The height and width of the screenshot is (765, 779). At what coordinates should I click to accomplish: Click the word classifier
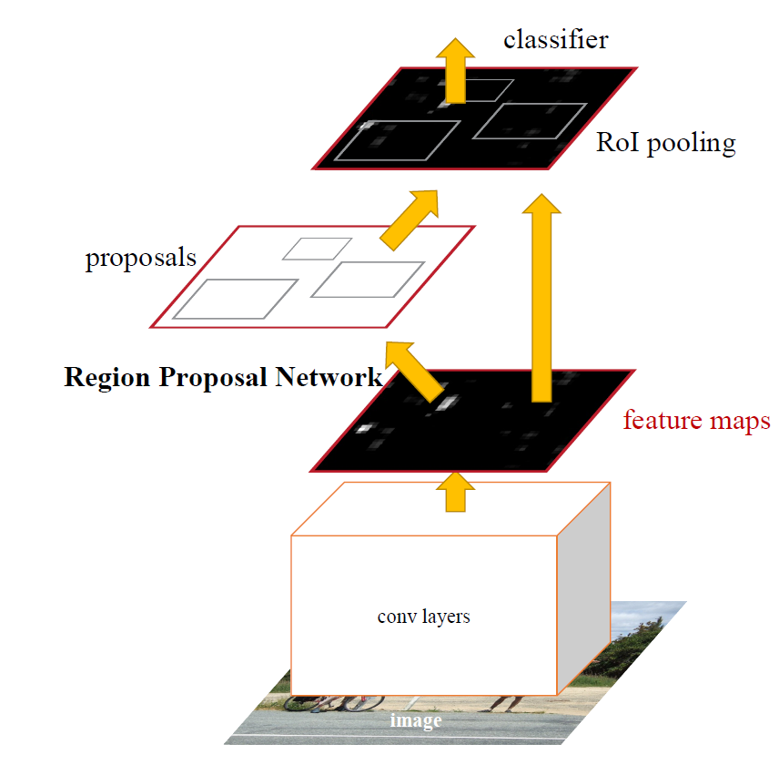556,40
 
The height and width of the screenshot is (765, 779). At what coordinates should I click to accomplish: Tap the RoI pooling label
666,143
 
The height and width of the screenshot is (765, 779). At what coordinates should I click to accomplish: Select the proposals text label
141,258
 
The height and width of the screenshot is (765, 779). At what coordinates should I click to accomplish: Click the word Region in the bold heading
106,377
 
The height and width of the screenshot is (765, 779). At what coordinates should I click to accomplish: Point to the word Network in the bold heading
329,377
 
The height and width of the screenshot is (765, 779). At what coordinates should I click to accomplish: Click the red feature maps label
696,421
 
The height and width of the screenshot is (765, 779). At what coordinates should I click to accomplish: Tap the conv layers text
424,617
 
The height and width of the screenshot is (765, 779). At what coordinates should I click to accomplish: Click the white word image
416,720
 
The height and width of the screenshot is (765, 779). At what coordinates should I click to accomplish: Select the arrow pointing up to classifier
456,71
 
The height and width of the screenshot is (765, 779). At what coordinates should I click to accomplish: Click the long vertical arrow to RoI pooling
541,298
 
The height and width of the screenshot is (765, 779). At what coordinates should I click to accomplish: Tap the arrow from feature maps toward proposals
413,371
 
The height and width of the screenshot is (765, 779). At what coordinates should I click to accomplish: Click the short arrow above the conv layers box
456,492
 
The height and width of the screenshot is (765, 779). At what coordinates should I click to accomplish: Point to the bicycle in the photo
334,703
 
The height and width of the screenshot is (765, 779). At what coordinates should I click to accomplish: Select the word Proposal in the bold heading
213,378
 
